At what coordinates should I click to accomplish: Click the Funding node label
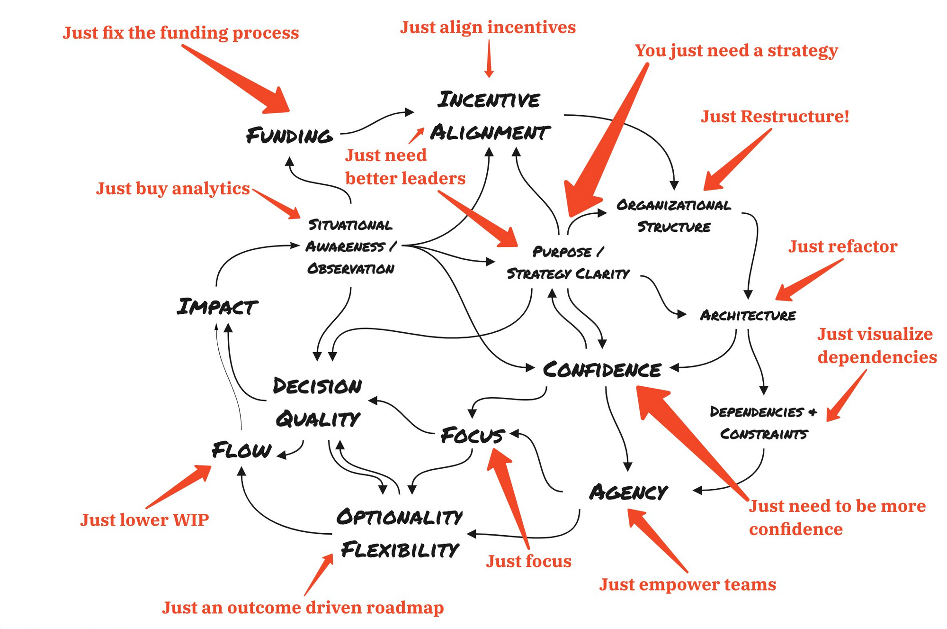(x=289, y=136)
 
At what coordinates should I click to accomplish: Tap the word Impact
(x=217, y=307)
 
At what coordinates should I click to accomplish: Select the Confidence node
(x=602, y=370)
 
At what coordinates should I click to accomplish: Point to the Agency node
(x=628, y=492)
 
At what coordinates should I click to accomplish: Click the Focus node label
(x=473, y=435)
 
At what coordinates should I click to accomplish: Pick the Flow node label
(x=241, y=450)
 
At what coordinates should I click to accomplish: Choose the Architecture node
(x=748, y=315)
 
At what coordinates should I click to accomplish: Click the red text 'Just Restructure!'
(x=775, y=116)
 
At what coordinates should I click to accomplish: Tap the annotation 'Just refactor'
(x=843, y=246)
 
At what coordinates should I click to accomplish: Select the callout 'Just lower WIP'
(x=144, y=520)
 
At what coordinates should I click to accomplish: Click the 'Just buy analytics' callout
(x=173, y=189)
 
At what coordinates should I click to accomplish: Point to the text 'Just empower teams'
(x=688, y=584)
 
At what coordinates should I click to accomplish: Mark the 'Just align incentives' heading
(x=488, y=27)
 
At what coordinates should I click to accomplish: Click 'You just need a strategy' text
(x=736, y=51)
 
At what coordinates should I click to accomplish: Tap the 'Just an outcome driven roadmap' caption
(x=303, y=608)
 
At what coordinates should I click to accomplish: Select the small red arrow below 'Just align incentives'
(x=489, y=58)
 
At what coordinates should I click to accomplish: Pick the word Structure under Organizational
(x=674, y=227)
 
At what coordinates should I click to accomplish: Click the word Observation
(x=350, y=269)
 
